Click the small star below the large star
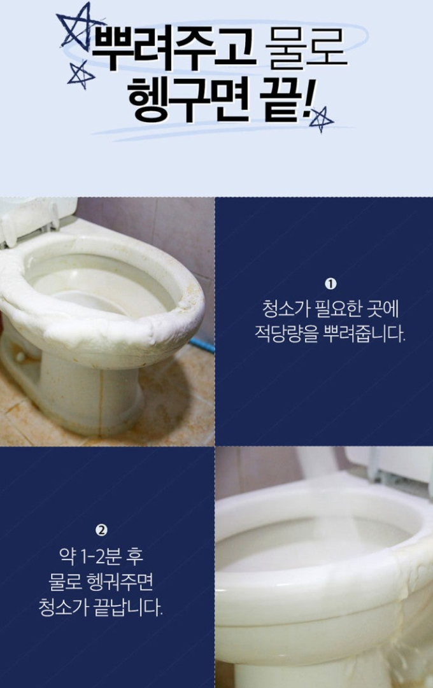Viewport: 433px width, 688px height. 80,75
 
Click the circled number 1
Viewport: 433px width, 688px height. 330,284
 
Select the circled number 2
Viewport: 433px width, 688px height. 101,530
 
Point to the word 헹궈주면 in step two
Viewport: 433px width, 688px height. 120,583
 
